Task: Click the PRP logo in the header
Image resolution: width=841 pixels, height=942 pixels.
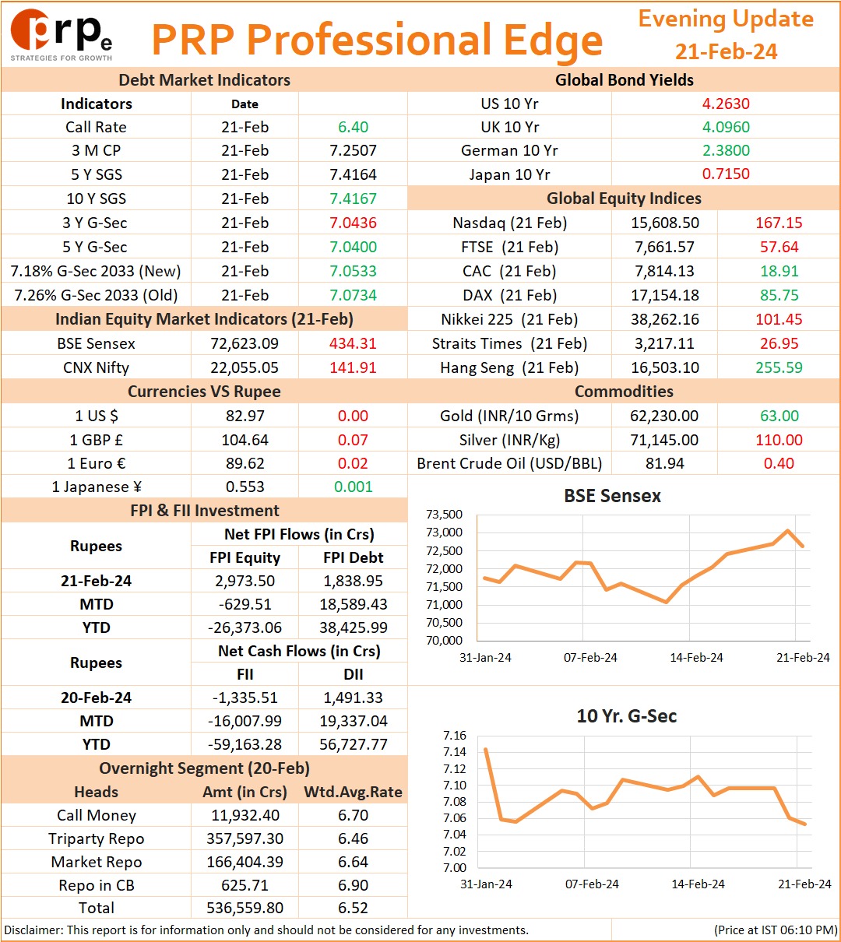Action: point(61,35)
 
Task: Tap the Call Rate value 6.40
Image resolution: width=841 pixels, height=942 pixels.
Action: point(353,127)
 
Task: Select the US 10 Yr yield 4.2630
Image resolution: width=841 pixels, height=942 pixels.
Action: point(726,104)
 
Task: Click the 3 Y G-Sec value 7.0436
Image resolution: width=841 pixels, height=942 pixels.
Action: point(353,223)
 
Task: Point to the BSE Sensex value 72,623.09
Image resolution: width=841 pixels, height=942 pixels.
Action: point(245,343)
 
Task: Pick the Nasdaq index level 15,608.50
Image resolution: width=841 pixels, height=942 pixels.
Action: point(665,223)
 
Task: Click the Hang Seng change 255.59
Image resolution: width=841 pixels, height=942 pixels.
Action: point(779,367)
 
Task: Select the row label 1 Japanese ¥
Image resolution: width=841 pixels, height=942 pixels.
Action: point(97,487)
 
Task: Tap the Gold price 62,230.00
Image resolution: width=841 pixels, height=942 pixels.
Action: point(664,416)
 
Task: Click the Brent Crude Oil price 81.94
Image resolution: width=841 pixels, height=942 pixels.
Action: point(665,463)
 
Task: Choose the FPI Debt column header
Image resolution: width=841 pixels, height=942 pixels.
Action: point(353,557)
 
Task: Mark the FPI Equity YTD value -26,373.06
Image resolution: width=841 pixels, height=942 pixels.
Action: point(245,627)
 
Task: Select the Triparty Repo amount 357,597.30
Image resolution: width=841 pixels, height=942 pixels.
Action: point(245,838)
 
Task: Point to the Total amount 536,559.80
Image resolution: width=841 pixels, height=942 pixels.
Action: point(245,907)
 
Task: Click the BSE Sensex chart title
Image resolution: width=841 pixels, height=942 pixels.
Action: point(612,496)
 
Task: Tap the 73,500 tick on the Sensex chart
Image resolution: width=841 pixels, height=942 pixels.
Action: point(444,515)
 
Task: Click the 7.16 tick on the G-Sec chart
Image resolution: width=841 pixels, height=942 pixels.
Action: point(455,735)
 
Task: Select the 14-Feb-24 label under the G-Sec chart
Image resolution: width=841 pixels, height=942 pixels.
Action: point(698,884)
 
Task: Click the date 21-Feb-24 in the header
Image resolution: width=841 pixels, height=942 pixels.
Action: point(726,51)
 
